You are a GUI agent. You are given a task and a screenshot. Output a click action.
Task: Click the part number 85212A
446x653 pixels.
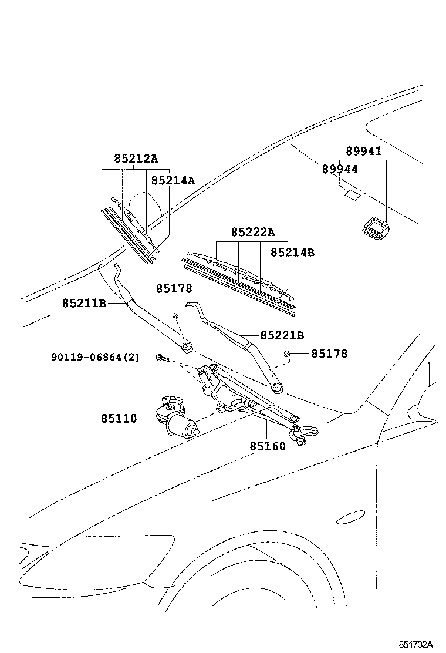pos(136,159)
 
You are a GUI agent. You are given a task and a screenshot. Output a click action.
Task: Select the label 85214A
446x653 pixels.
pos(173,180)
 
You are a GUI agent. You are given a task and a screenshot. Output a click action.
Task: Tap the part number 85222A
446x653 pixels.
pos(252,232)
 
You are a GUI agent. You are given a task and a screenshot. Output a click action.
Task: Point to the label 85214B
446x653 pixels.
pos(292,252)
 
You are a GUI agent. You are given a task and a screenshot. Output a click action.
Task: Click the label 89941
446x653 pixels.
pos(363,151)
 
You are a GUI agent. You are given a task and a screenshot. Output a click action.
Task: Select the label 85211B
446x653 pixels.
pos(84,303)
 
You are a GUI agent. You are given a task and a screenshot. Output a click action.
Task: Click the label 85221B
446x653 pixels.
pos(282,335)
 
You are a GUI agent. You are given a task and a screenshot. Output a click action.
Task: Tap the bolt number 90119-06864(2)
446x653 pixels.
pos(94,357)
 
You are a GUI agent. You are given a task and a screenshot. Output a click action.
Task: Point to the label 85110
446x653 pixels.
pos(119,418)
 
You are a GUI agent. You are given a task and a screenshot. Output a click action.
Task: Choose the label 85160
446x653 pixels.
pos(268,446)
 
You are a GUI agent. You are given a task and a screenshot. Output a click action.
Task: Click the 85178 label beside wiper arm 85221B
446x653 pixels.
pos(329,354)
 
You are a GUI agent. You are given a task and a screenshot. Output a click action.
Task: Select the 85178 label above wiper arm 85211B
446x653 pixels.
pos(174,289)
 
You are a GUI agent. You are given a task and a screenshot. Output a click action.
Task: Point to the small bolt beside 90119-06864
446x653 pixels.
pos(162,358)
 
